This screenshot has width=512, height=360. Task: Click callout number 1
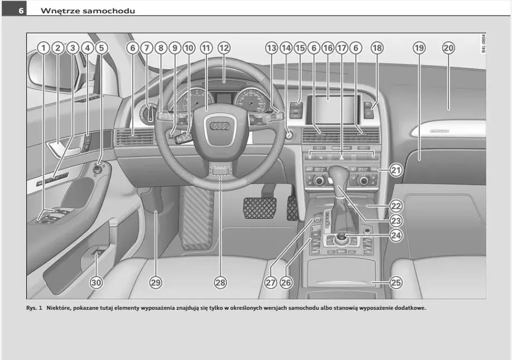(43, 48)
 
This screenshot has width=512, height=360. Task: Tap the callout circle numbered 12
(224, 48)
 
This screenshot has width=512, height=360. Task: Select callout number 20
(448, 48)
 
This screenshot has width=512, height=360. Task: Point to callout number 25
(395, 283)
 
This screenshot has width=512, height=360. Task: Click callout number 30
(96, 283)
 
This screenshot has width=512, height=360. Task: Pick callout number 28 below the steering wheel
(220, 283)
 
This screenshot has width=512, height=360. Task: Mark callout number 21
(395, 170)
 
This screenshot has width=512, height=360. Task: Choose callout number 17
(342, 48)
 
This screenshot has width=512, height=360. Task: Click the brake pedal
(259, 207)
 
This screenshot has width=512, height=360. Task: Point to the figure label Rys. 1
(34, 308)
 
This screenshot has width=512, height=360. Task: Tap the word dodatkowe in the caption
(407, 308)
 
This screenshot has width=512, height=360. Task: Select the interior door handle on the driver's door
(58, 150)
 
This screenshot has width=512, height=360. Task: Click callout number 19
(419, 48)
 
